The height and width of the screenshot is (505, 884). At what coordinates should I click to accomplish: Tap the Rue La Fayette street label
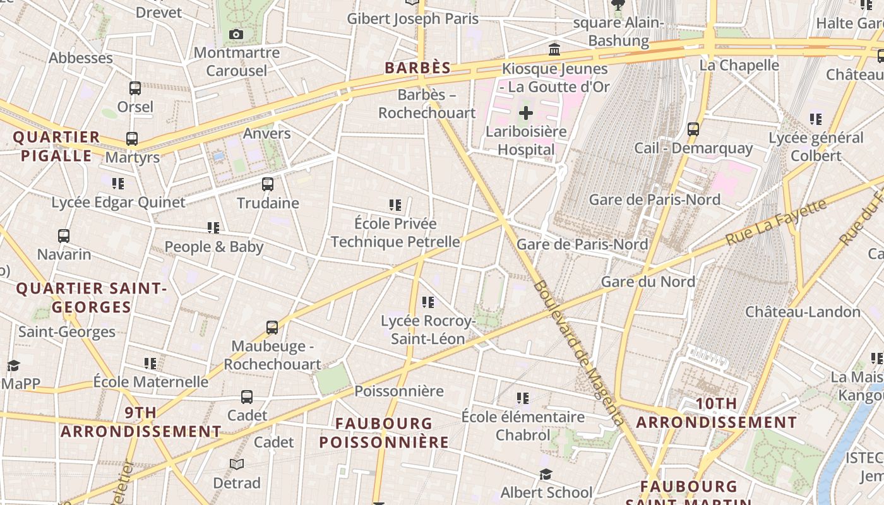776,222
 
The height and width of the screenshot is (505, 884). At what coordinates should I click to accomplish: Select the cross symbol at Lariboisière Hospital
525,114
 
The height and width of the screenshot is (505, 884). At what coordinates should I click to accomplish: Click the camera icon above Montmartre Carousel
236,34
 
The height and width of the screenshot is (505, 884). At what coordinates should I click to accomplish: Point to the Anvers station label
267,133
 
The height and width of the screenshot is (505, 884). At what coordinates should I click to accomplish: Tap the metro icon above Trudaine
268,184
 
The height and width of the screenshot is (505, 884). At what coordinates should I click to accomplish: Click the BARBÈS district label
418,68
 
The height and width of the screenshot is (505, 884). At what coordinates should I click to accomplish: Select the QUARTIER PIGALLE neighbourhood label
57,146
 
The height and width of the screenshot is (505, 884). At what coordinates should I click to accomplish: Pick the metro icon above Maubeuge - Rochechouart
272,328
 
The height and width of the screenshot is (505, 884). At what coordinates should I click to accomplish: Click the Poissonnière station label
399,391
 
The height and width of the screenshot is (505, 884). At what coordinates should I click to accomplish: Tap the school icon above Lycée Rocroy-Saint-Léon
428,303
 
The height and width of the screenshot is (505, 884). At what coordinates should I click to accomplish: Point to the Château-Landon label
803,312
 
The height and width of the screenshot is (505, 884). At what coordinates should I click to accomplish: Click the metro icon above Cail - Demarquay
693,129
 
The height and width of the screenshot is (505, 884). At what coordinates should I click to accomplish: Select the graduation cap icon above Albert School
546,474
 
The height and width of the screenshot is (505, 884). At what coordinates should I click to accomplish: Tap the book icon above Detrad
237,465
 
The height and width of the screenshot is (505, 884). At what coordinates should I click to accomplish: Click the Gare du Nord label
648,282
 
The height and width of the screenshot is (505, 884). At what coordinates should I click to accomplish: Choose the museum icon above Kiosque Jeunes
554,49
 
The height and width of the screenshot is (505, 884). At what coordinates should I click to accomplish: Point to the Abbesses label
81,58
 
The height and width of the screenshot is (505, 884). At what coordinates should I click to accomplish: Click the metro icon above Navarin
64,236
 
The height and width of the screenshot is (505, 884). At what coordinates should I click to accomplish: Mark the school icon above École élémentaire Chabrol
523,398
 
